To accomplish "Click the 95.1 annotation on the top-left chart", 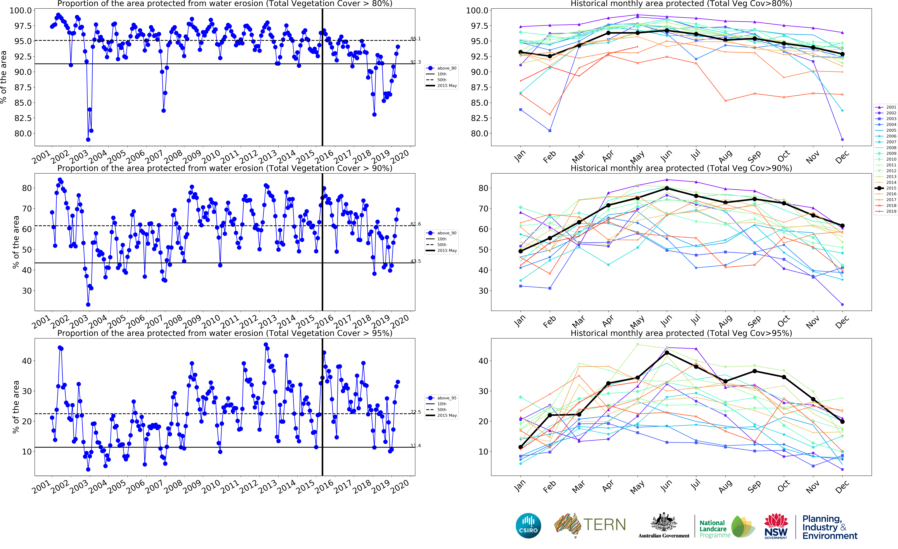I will [416, 39].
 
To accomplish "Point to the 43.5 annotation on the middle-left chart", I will [416, 261].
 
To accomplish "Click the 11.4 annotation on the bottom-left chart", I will [416, 446].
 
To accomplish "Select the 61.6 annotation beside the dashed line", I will [416, 224].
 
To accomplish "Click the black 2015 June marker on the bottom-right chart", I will [667, 353].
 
